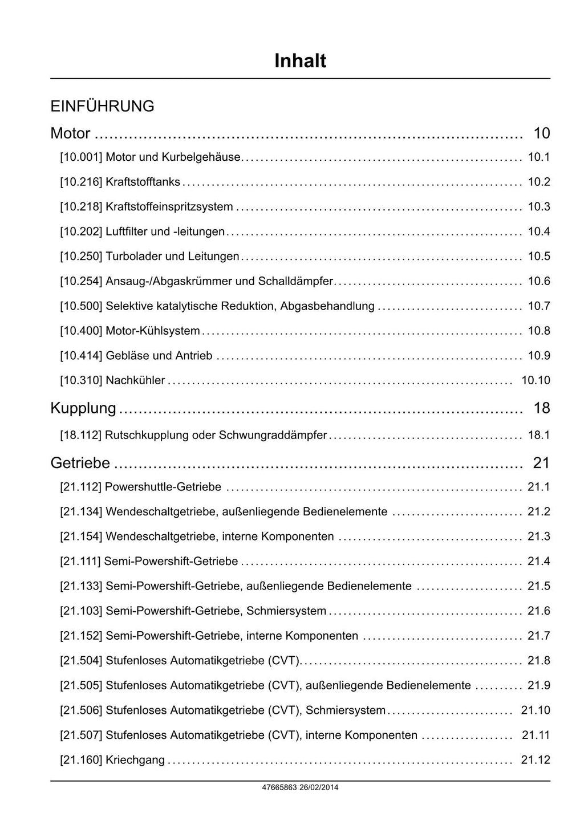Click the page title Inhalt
pos(300,61)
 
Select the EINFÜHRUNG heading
pos(102,107)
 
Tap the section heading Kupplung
pos(83,408)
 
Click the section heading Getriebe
pos(80,463)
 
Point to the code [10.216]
pos(81,182)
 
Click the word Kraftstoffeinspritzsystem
pos(169,207)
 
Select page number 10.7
pos(539,306)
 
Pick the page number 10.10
pos(536,380)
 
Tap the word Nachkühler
pos(135,380)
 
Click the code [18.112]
pos(81,435)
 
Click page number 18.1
pos(539,435)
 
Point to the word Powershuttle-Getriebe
pos(163,487)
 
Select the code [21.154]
pos(81,537)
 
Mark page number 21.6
pos(539,611)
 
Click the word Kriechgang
pos(135,760)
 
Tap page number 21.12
pos(536,760)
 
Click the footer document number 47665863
pos(279,787)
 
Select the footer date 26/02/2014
pos(319,787)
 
